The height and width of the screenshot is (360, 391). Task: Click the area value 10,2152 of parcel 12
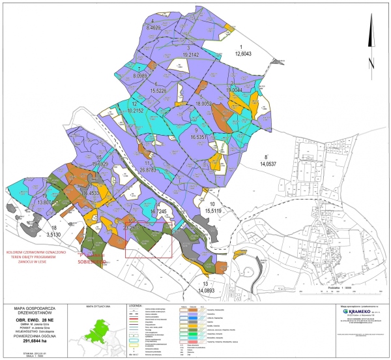click(x=135, y=111)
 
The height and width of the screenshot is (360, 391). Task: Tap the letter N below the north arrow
click(x=370, y=64)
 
